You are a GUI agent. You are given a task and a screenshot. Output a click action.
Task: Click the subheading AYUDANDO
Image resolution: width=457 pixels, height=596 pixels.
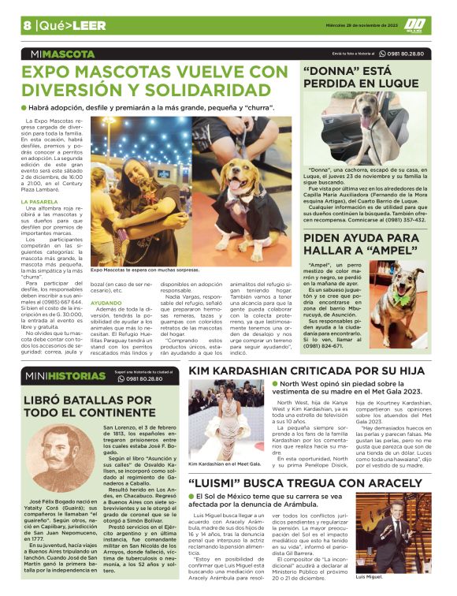106,302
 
